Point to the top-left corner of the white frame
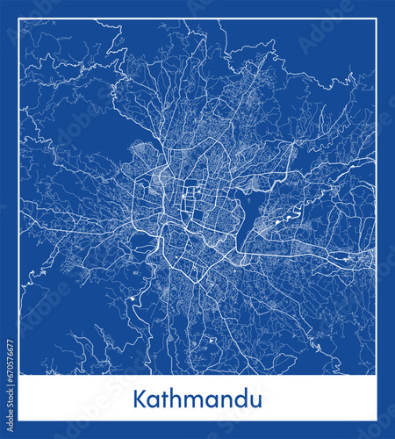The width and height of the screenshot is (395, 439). click(x=18, y=18)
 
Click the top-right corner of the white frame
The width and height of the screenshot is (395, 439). click(x=377, y=18)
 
